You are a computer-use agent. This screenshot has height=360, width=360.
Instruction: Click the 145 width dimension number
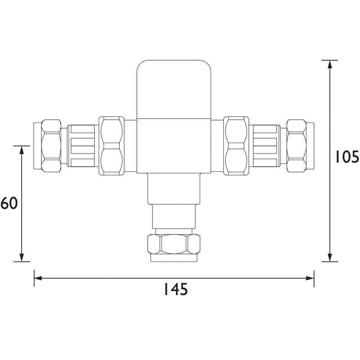(175, 290)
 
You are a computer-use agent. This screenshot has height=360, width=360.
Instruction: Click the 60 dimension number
(9, 203)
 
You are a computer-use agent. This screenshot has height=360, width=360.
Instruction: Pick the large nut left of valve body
(112, 146)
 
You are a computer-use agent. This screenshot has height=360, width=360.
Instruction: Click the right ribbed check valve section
(265, 146)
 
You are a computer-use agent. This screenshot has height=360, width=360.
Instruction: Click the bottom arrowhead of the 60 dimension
(21, 258)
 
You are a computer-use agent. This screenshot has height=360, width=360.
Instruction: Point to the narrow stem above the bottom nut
(174, 218)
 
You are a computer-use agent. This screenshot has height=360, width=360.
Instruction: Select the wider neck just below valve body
(174, 189)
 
